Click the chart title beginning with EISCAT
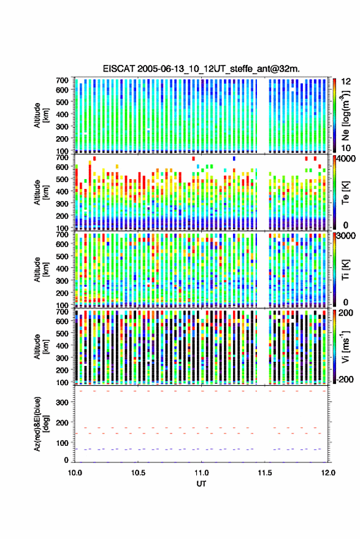[201, 69]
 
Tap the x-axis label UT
[201, 484]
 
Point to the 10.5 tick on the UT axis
[138, 473]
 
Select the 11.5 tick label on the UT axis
[264, 473]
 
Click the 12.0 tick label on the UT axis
[328, 473]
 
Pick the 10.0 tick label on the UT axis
[75, 473]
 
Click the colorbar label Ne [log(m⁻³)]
[345, 115]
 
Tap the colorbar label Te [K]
[345, 193]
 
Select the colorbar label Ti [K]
[345, 270]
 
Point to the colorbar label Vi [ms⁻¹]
[345, 346]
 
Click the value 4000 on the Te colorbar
[346, 159]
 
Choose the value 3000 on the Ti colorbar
[346, 236]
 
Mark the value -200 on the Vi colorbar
[345, 380]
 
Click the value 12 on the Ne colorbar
[346, 82]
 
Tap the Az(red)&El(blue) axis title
[42, 424]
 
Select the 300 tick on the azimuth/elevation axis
[62, 402]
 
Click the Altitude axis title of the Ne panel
[41, 115]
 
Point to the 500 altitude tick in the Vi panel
[62, 334]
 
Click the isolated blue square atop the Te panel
[234, 158]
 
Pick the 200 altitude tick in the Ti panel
[62, 293]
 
